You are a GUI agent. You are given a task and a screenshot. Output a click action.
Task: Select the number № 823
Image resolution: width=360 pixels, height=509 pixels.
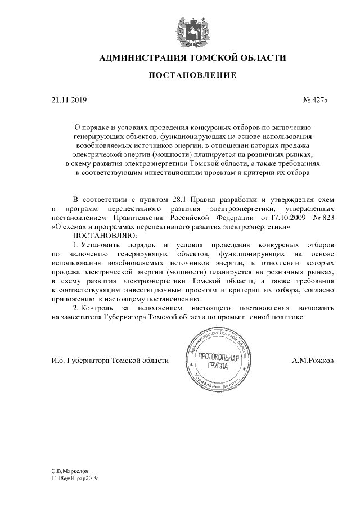click(322, 218)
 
